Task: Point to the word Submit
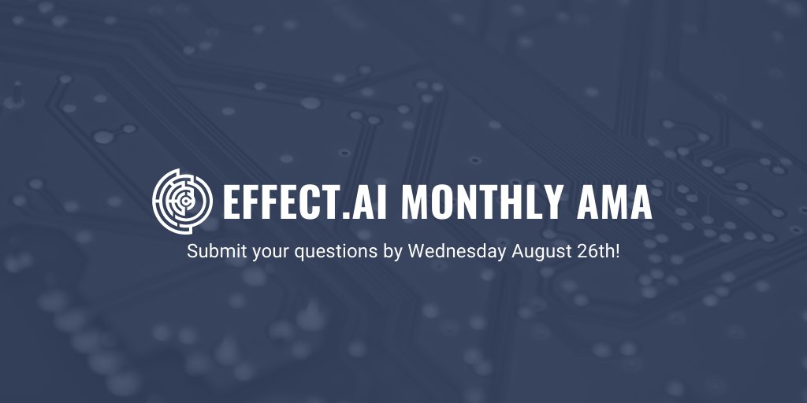(209, 253)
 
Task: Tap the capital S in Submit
(192, 253)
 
